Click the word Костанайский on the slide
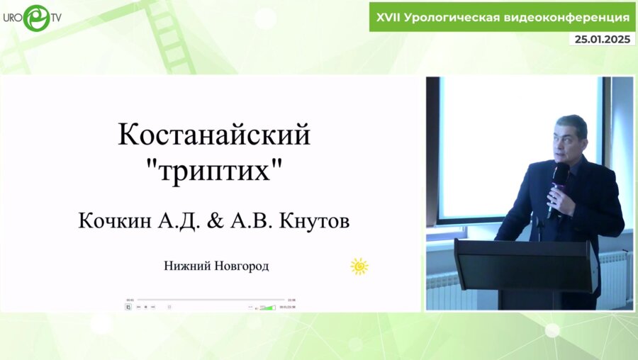pos(213,135)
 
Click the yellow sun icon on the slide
pos(359,266)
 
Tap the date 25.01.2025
pos(603,40)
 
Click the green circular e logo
pos(36,18)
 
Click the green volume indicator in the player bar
pos(267,307)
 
